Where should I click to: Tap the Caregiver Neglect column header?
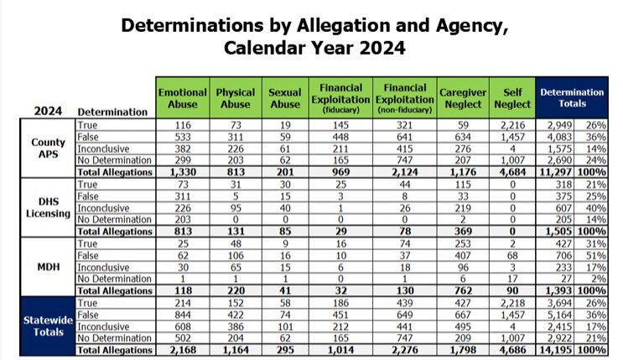tap(462, 98)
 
